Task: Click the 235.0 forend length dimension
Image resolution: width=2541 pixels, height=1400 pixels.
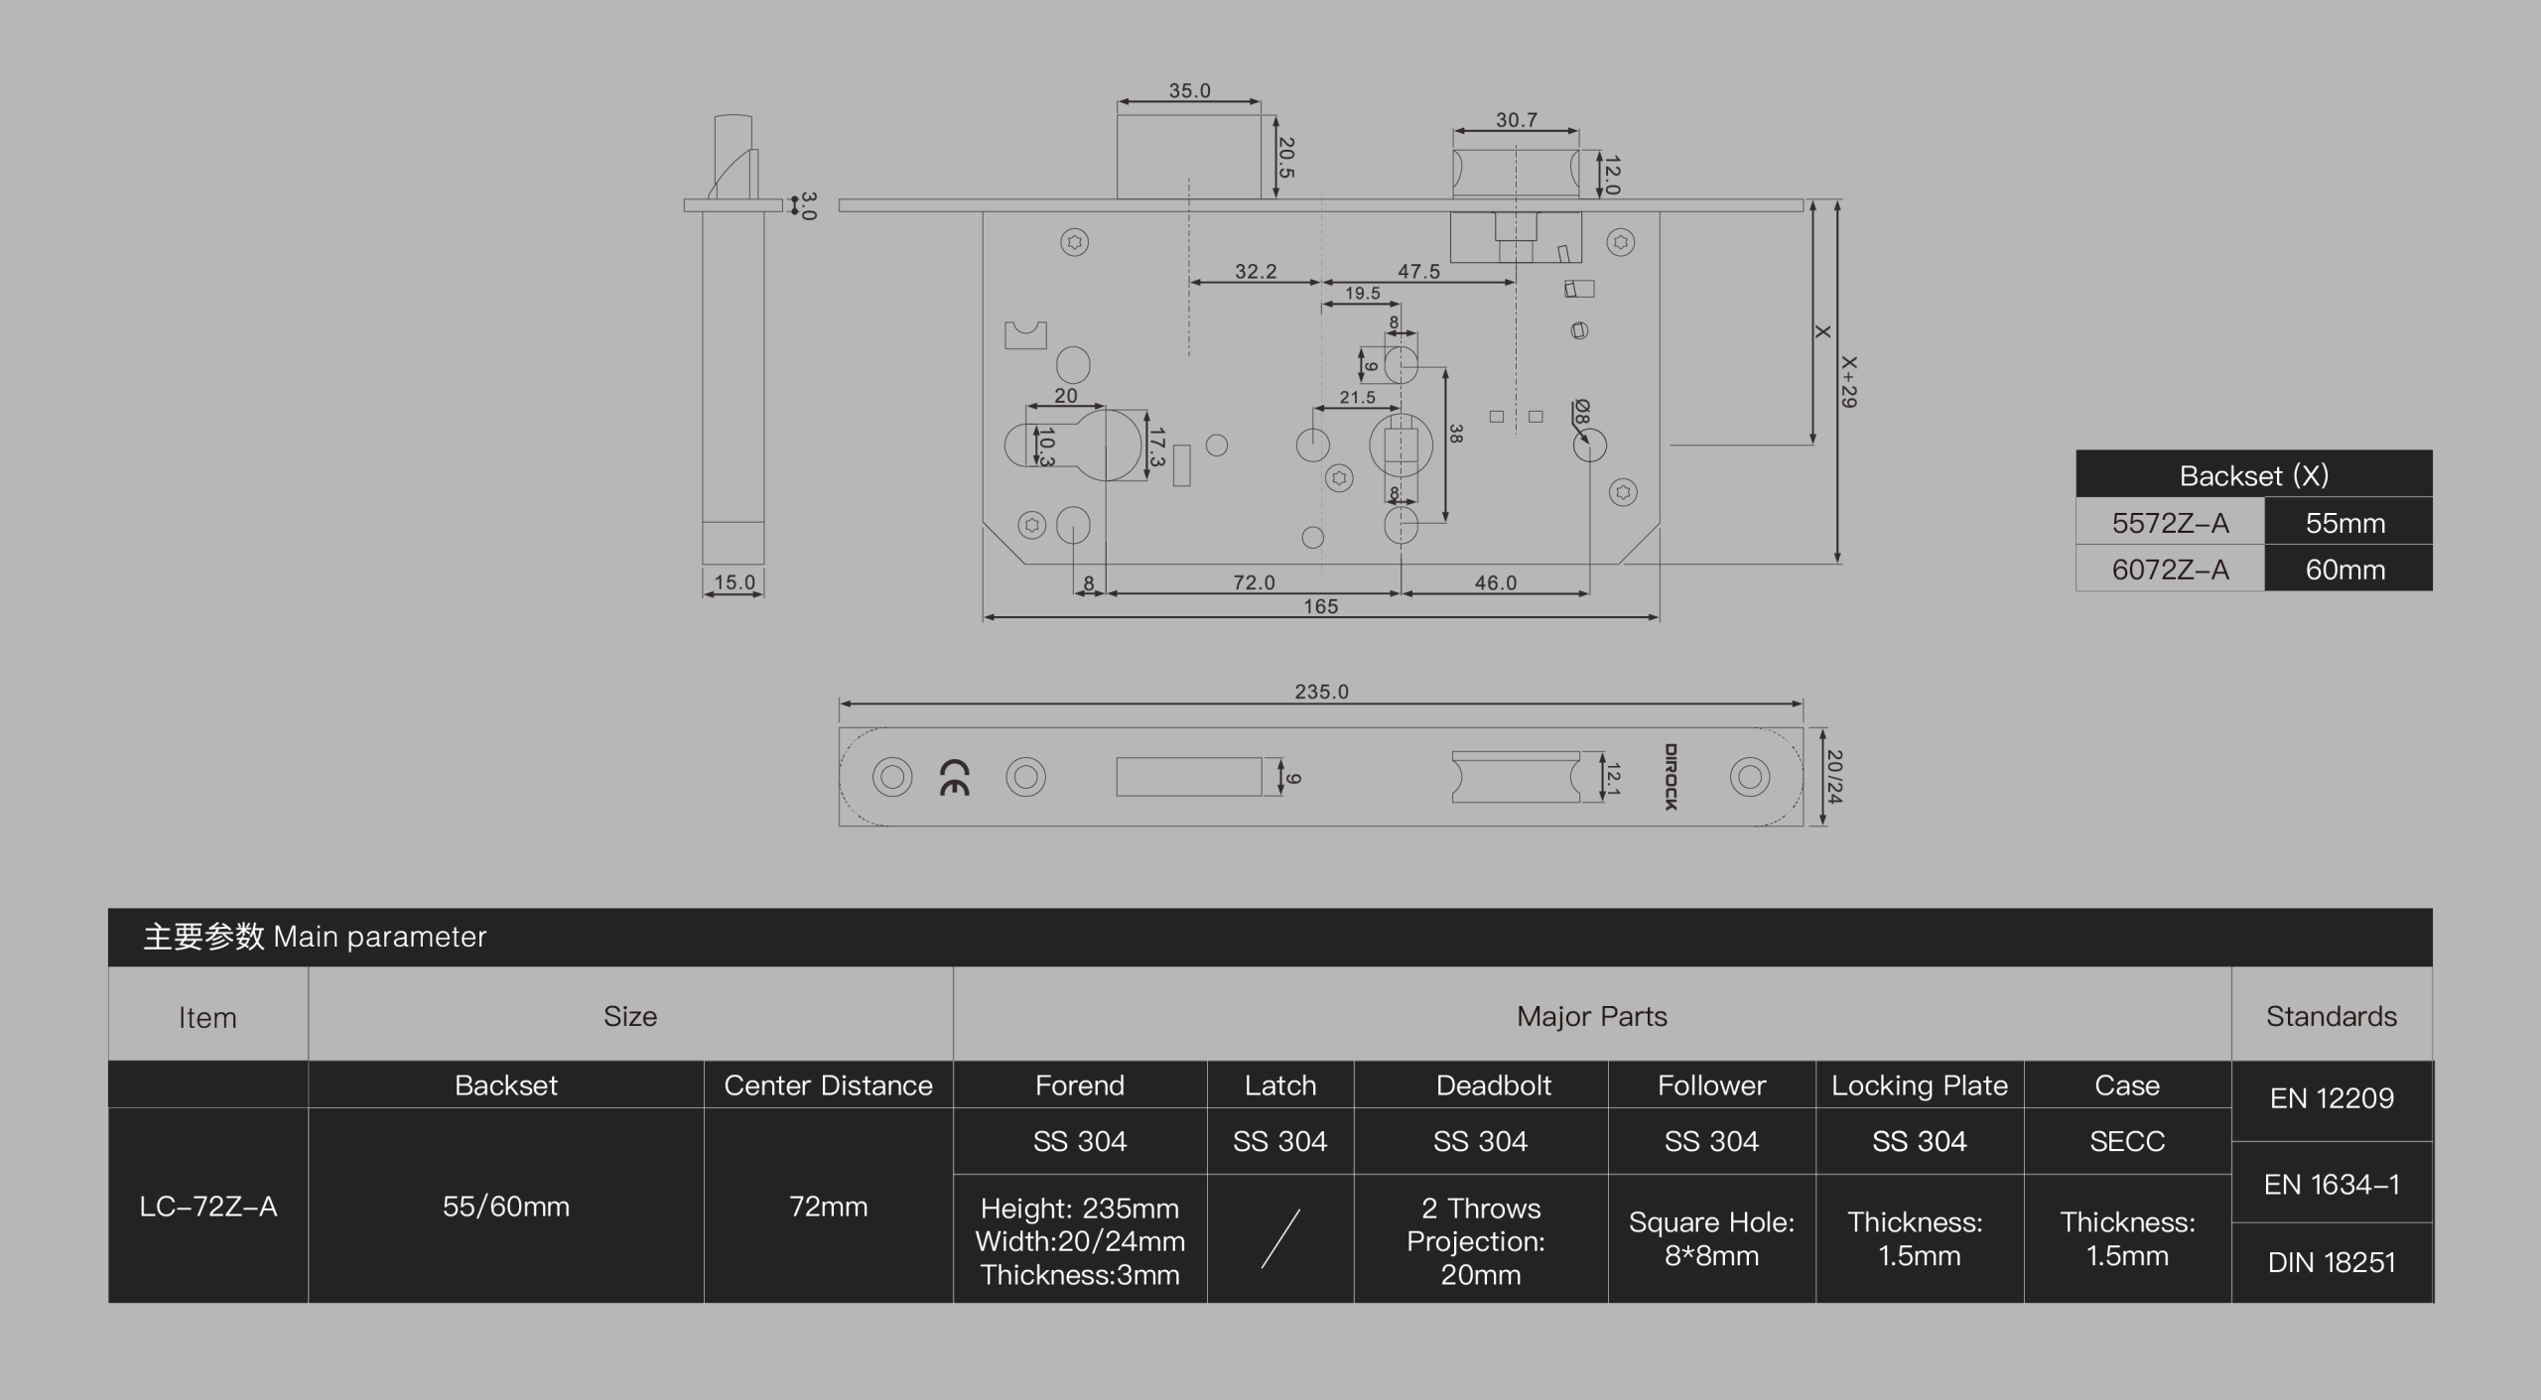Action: point(1321,692)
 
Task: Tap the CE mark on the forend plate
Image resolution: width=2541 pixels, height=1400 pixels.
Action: point(954,777)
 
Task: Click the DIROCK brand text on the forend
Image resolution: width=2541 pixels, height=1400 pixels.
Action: point(1671,777)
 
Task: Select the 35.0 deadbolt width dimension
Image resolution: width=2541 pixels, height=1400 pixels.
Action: point(1189,90)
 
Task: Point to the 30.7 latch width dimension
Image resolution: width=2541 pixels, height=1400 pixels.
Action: point(1517,120)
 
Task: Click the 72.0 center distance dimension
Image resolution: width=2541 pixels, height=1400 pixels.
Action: point(1254,582)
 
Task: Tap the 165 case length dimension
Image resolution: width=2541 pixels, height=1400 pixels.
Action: point(1320,606)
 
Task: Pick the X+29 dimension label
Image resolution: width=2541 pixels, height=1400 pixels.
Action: point(1849,382)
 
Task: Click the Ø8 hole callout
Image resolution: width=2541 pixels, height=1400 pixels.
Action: point(1582,412)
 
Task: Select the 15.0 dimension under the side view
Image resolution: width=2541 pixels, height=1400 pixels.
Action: point(735,582)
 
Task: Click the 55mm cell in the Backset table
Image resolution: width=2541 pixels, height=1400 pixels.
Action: point(2347,523)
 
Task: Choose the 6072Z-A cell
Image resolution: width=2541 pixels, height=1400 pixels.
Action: point(2171,570)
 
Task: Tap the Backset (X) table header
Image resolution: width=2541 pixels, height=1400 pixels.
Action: point(2254,475)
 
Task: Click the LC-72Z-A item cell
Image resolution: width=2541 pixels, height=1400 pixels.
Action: point(208,1207)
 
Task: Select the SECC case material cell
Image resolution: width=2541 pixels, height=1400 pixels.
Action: point(2127,1141)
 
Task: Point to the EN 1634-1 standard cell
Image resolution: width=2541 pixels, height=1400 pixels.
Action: point(2332,1184)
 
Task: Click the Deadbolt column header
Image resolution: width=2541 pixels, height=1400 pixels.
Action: point(1493,1085)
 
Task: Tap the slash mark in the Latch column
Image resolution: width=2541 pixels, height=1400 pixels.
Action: point(1280,1238)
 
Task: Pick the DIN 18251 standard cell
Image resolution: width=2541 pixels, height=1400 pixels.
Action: point(2332,1262)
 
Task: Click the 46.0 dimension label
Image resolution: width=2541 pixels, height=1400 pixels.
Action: point(1495,582)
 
